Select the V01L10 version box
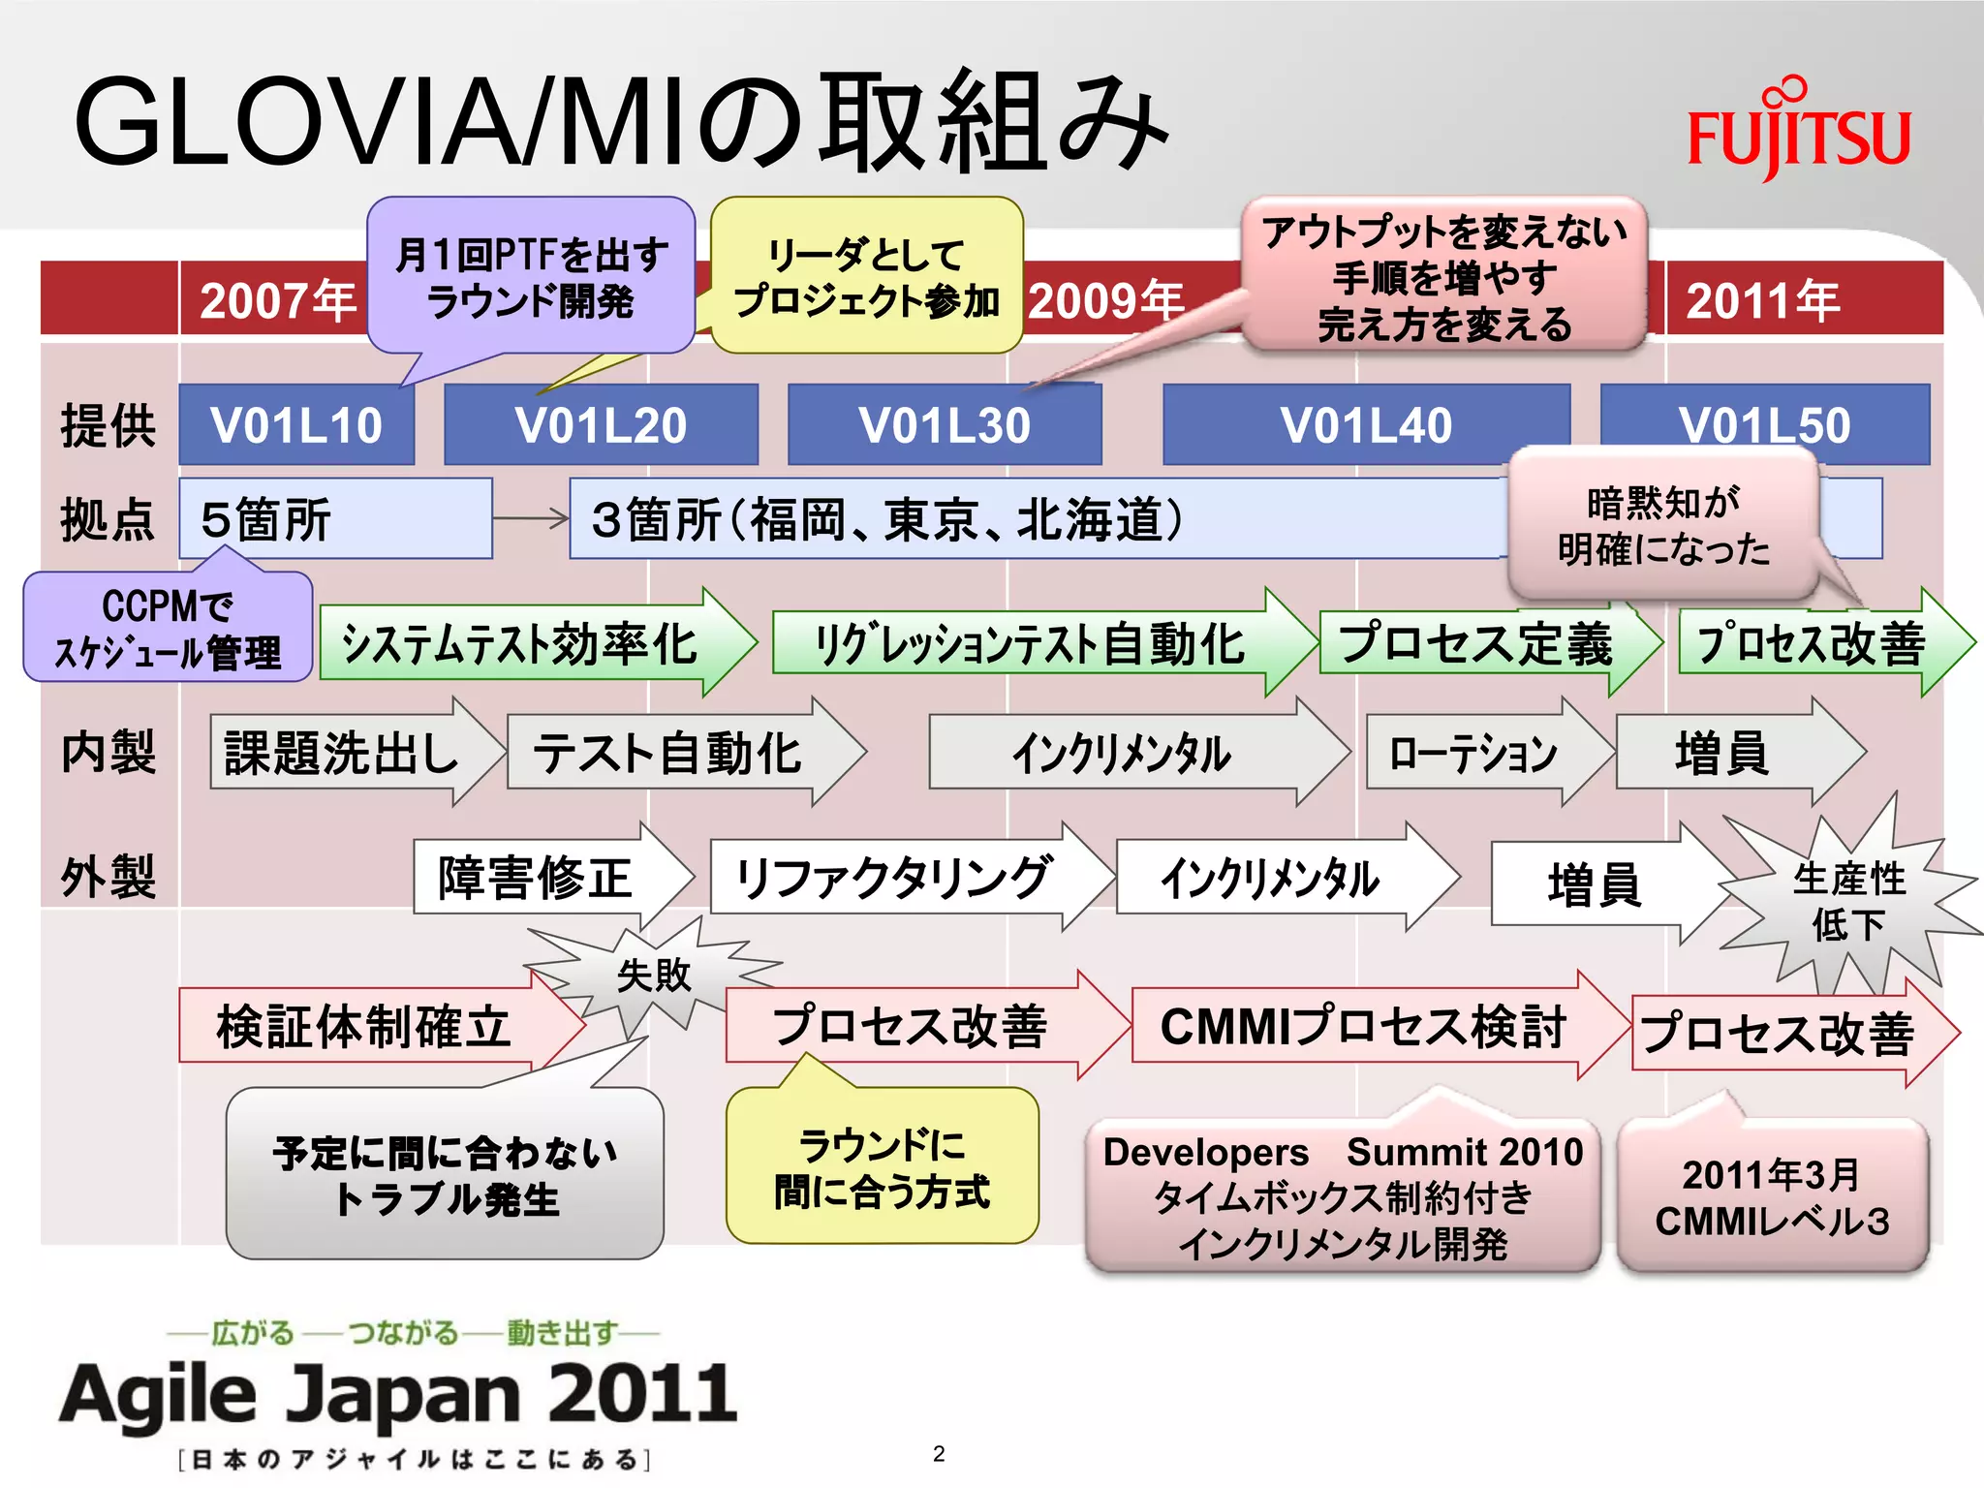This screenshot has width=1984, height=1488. [x=296, y=425]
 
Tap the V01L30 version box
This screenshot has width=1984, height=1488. [x=945, y=425]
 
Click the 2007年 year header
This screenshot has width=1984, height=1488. [x=276, y=300]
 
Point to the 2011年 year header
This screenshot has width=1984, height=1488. [x=1763, y=300]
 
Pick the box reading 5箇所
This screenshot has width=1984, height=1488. [x=335, y=519]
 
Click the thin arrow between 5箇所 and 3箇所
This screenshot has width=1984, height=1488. [x=530, y=518]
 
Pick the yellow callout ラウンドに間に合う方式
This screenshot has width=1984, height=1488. [x=882, y=1167]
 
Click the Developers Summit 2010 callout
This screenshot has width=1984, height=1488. [x=1342, y=1196]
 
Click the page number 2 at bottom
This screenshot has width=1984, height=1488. [x=939, y=1453]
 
